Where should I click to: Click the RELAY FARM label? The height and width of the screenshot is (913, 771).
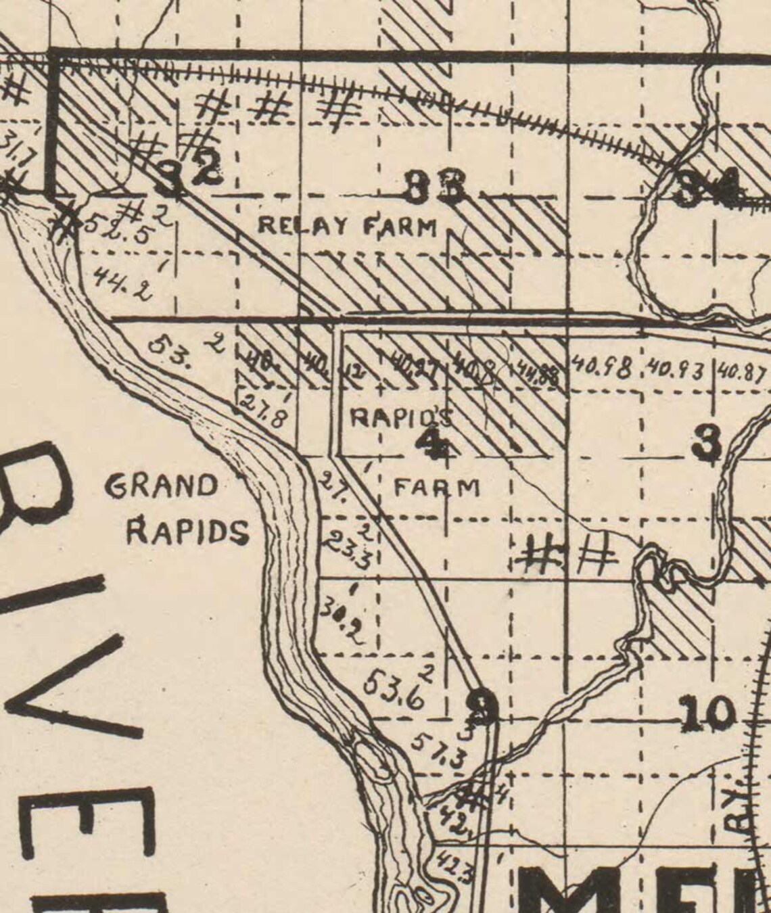point(348,226)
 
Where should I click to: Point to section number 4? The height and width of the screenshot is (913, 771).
point(433,443)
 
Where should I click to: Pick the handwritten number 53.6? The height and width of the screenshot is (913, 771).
point(394,690)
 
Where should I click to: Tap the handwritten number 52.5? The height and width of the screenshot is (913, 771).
point(119,227)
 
